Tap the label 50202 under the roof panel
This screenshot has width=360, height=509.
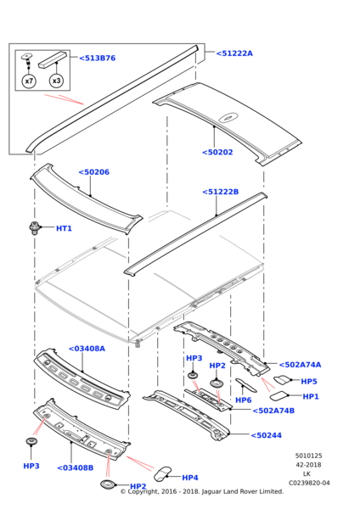217,153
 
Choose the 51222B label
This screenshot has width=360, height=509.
221,192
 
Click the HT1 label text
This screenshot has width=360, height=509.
64,228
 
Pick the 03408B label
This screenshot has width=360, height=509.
76,467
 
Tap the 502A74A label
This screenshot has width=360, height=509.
299,365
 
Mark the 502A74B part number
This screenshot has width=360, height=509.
273,411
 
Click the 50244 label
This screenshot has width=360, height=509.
267,435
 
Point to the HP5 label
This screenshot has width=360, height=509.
309,382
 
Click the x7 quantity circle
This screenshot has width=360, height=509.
29,81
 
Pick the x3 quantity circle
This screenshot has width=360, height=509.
56,81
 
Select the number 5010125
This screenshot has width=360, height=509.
308,456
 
